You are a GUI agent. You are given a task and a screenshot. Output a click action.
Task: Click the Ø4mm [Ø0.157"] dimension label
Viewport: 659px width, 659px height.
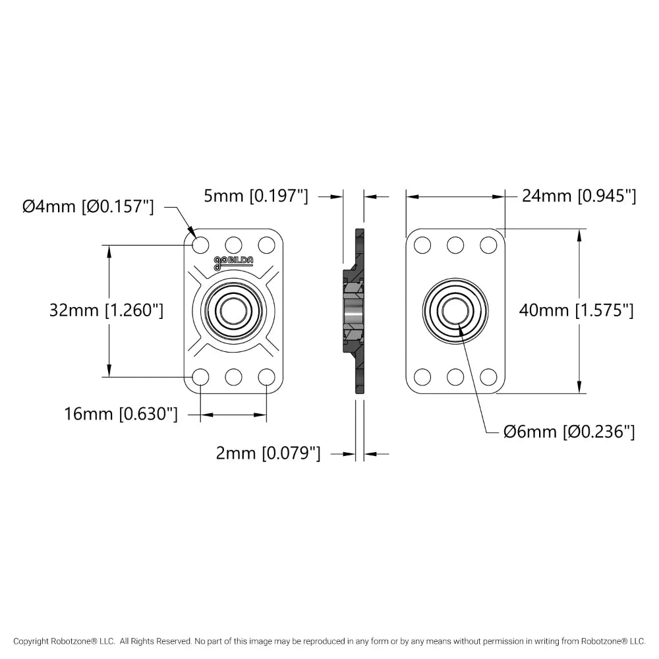[x=88, y=207]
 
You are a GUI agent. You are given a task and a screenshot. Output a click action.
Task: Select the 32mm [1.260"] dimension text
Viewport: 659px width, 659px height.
[x=106, y=310]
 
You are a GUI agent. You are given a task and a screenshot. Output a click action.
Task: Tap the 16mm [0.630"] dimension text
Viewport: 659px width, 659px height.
[x=121, y=415]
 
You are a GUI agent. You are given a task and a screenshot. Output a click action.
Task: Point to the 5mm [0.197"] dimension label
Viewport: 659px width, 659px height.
[x=255, y=196]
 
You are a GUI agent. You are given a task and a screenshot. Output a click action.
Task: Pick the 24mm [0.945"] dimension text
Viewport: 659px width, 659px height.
[x=579, y=196]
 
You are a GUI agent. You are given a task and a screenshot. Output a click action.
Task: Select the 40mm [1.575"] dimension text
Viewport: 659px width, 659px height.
[x=576, y=310]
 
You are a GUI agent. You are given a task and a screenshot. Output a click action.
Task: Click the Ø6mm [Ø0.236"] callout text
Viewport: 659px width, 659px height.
[x=569, y=432]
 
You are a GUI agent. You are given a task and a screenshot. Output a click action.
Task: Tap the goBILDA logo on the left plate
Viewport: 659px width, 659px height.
[x=233, y=262]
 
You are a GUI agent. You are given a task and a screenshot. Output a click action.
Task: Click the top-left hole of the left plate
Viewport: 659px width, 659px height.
[x=201, y=244]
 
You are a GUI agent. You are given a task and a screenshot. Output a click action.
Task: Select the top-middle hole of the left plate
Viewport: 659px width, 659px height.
[x=233, y=244]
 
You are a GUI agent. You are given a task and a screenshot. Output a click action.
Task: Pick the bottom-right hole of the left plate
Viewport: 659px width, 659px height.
[x=266, y=377]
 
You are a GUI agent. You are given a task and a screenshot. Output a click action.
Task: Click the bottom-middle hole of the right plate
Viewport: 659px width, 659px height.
[x=455, y=377]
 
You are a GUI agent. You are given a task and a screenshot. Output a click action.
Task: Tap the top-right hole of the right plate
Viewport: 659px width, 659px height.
[x=488, y=244]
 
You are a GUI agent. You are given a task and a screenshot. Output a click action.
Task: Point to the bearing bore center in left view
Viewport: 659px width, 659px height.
[x=233, y=310]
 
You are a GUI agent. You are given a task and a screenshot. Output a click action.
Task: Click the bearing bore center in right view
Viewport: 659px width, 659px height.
[x=455, y=310]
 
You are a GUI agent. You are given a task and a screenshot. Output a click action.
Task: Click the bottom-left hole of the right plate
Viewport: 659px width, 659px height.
[x=422, y=377]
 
